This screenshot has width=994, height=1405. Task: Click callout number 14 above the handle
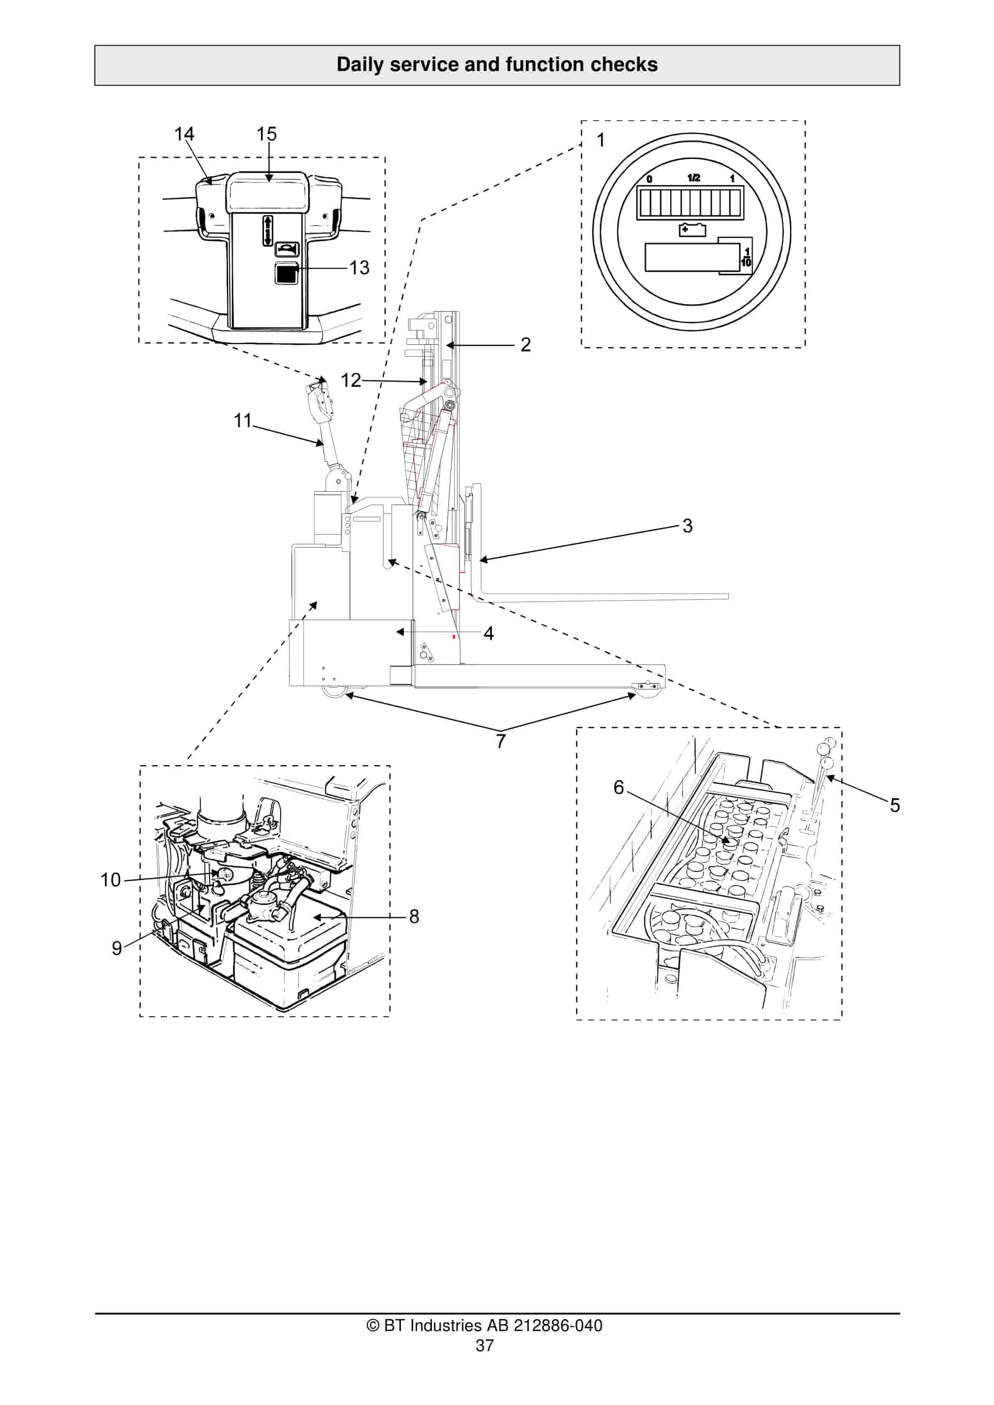tap(184, 134)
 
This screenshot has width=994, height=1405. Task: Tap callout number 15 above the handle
tap(266, 134)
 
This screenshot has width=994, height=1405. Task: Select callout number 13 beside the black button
tap(359, 267)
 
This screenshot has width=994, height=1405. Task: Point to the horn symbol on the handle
tap(287, 249)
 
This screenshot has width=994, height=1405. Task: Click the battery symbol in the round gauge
tap(692, 230)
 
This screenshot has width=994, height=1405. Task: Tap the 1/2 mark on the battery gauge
tap(693, 178)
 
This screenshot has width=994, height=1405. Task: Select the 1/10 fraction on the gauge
tap(746, 256)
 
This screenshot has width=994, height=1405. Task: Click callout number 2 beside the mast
tap(525, 345)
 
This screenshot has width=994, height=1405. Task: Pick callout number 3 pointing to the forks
tap(687, 526)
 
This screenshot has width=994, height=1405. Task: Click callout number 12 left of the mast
tap(351, 380)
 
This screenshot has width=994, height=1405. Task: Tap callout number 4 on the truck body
tap(488, 633)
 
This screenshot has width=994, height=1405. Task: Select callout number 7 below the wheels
tap(501, 741)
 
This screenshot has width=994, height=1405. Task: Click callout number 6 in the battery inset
tap(619, 788)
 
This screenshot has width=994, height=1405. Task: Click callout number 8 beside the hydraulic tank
tap(414, 916)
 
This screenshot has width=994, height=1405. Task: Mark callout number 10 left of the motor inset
tap(111, 880)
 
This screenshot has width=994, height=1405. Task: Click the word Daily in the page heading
tap(359, 65)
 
